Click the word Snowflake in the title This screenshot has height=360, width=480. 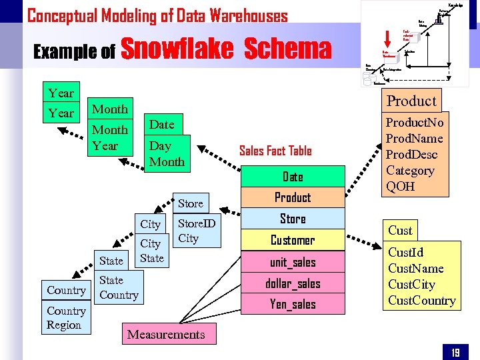tap(178, 49)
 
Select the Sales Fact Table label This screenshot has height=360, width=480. tap(275, 151)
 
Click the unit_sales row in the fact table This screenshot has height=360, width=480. tap(293, 262)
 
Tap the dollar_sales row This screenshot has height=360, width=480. tap(293, 283)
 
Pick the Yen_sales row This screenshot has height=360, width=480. tap(293, 305)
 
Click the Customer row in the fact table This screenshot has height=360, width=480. tap(293, 240)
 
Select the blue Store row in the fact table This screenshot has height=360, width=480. tap(293, 219)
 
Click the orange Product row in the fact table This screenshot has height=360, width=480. tap(293, 197)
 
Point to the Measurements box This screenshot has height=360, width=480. tap(166, 334)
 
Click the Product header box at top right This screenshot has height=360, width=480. tap(411, 101)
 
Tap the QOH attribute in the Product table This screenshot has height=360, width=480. tap(401, 187)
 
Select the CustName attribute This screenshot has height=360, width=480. tap(415, 269)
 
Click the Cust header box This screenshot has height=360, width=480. tap(400, 230)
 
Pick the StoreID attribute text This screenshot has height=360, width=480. tap(197, 223)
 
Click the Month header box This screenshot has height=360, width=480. tap(109, 109)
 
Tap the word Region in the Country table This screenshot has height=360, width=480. tap(64, 325)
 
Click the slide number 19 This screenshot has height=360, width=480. tap(455, 352)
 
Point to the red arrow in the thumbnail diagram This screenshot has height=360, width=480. tap(389, 39)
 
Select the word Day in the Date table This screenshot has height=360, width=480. tap(160, 146)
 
